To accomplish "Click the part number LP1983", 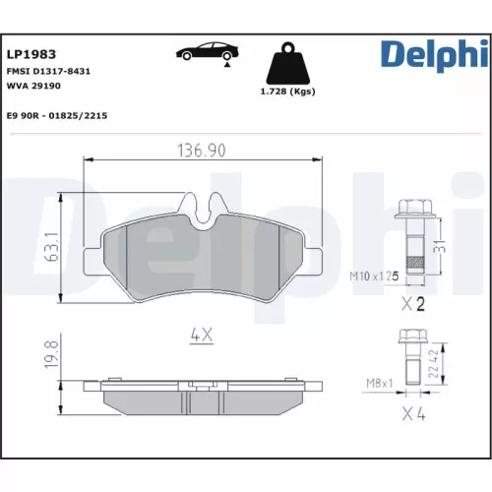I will (31, 55).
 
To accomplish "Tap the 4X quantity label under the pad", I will (201, 336).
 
